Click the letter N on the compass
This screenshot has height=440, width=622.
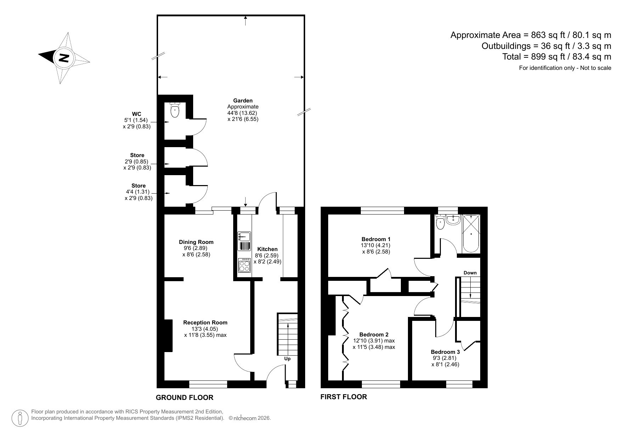[63, 57]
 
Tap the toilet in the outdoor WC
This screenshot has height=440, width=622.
[175, 111]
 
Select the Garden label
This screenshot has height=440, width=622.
[243, 101]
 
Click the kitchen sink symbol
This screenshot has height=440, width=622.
[244, 236]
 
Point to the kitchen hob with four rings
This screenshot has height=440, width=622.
[244, 265]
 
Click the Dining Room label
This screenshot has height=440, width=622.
[196, 242]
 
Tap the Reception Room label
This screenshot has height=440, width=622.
[205, 323]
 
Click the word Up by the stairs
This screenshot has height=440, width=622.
[287, 359]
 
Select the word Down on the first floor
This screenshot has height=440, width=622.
[470, 273]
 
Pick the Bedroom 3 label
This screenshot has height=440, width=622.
[445, 352]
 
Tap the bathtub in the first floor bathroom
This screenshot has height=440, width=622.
[471, 233]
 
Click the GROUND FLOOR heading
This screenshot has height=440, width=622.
[185, 397]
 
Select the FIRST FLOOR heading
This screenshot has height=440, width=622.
[343, 397]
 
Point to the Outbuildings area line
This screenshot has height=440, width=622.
[546, 46]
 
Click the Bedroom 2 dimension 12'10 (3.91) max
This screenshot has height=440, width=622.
[374, 341]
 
